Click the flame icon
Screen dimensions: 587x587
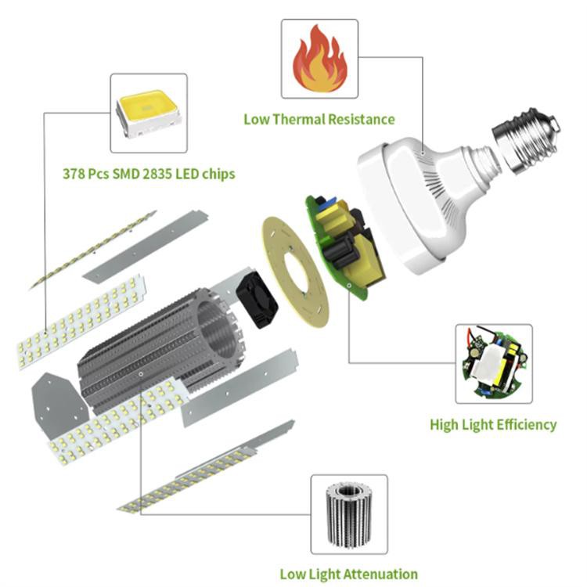tap(319, 59)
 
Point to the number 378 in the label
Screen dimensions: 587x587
tap(74, 173)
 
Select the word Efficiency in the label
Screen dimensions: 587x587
tap(525, 425)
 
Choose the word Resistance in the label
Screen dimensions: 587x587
tap(365, 120)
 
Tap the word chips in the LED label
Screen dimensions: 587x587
tap(218, 173)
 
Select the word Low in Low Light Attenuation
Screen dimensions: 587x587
tap(292, 574)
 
